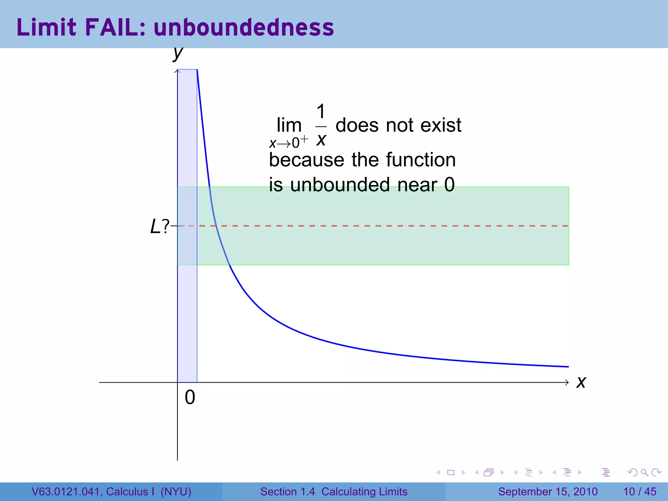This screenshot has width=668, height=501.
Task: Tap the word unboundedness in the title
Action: pyautogui.click(x=244, y=27)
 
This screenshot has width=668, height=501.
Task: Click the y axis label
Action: pyautogui.click(x=178, y=53)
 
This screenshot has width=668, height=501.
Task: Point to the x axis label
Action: pyautogui.click(x=581, y=382)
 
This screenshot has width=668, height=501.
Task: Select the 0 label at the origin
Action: pyautogui.click(x=190, y=398)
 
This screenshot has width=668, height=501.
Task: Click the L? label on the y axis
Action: pyautogui.click(x=159, y=226)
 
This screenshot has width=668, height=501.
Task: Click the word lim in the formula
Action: pyautogui.click(x=289, y=125)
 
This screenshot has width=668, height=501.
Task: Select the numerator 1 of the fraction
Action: pyautogui.click(x=321, y=112)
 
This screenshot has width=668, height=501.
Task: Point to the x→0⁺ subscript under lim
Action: pyautogui.click(x=288, y=143)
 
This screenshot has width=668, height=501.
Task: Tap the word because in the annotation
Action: pyautogui.click(x=307, y=160)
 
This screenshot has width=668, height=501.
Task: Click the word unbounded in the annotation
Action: pyautogui.click(x=340, y=185)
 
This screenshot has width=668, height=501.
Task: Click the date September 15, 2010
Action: pyautogui.click(x=548, y=492)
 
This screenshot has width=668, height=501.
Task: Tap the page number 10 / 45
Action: pyautogui.click(x=640, y=492)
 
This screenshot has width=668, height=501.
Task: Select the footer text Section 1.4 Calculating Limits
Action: pyautogui.click(x=334, y=492)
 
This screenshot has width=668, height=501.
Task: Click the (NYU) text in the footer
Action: pyautogui.click(x=176, y=492)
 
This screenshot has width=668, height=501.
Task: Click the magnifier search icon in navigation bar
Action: pyautogui.click(x=644, y=472)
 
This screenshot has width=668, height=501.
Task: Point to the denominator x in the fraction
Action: pyautogui.click(x=321, y=140)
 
